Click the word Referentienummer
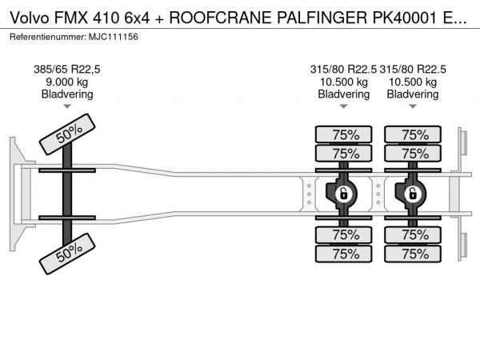coord(46,38)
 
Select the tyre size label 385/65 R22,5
coord(67,70)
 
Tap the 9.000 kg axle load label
coord(67,82)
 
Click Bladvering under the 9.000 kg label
coord(67,94)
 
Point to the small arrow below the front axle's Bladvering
coord(67,106)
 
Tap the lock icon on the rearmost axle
coord(413,194)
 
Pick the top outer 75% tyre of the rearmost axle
coord(413,134)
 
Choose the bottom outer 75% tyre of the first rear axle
coord(344,254)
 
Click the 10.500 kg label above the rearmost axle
coord(413,82)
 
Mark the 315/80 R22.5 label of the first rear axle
coord(344,70)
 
